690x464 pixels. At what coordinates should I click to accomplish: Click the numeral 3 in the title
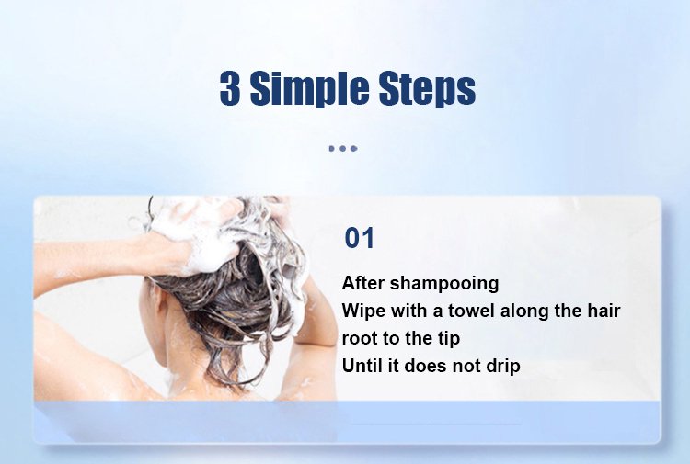pos(230,88)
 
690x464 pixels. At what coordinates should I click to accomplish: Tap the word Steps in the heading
pos(427,89)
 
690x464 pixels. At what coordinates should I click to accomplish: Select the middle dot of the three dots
pos(343,149)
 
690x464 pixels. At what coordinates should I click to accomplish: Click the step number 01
pos(359,238)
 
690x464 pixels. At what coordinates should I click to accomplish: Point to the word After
pos(363,282)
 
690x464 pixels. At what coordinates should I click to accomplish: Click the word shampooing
pos(444,284)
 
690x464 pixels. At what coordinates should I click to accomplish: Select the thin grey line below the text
pos(436,424)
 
